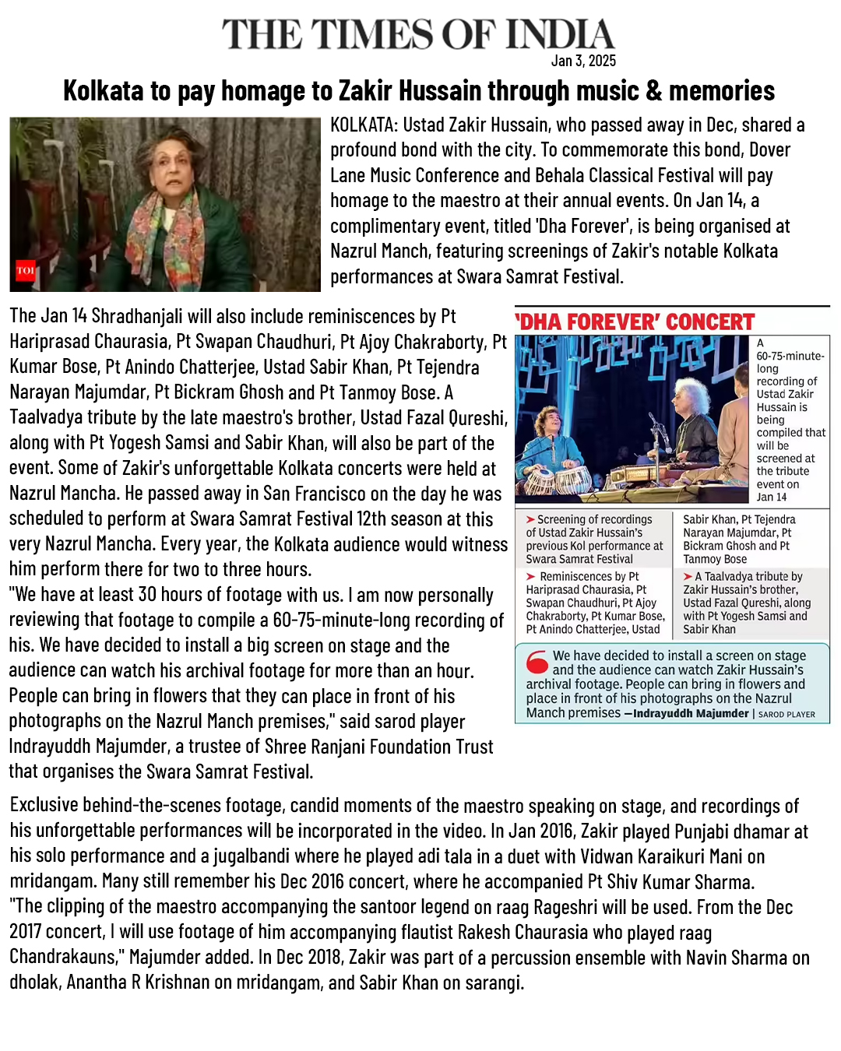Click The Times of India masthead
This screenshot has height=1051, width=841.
[418, 35]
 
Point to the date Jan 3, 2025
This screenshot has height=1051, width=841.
[583, 61]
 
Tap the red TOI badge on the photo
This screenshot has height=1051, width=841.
[26, 270]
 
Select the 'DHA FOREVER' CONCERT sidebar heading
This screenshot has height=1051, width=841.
[635, 322]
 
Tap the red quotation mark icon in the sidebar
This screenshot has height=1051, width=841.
[537, 662]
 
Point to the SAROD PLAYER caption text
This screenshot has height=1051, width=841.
[786, 714]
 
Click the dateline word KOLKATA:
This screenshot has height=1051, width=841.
[364, 125]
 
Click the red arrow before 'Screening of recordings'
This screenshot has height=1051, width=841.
[530, 519]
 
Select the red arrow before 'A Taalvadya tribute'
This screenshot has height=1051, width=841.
[688, 576]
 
